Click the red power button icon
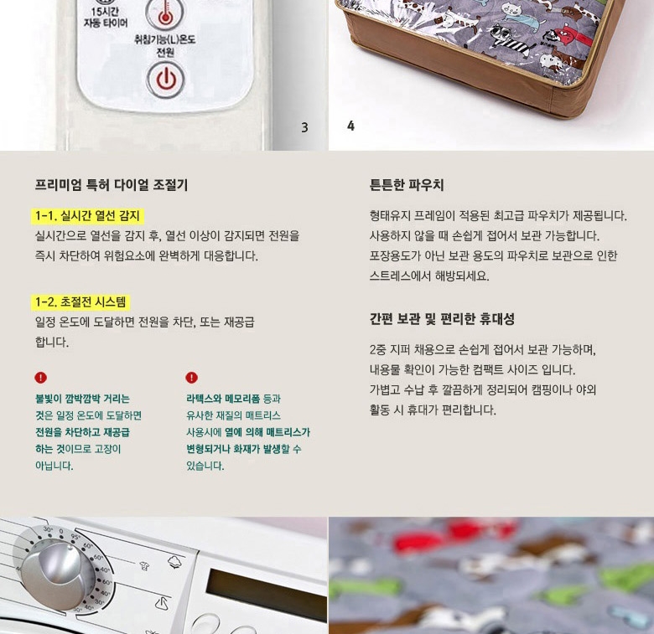[x=165, y=80]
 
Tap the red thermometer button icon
[x=165, y=14]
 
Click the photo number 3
[x=304, y=127]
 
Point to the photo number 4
[x=350, y=126]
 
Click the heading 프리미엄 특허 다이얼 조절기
[x=112, y=184]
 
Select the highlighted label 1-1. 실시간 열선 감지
[x=87, y=216]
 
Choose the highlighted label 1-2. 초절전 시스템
[x=80, y=302]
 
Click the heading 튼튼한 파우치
[x=407, y=184]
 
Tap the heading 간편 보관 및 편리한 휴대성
[x=442, y=318]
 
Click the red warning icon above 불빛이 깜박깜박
[x=40, y=378]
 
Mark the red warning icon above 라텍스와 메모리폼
[x=191, y=378]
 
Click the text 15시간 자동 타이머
[x=105, y=17]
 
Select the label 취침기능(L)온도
[x=164, y=39]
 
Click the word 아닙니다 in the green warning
[x=54, y=466]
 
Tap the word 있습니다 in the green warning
[x=205, y=466]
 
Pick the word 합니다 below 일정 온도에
[x=52, y=342]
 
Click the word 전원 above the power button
[x=165, y=52]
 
